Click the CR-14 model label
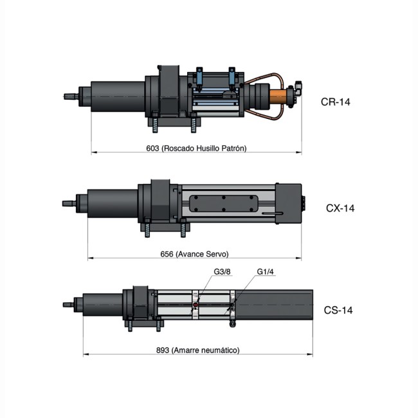[336, 102]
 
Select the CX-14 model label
[340, 208]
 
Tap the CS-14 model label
[338, 311]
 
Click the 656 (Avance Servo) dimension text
[194, 254]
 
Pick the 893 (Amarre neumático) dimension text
[197, 350]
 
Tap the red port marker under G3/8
[196, 305]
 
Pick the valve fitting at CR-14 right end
[296, 90]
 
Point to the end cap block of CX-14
[291, 203]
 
